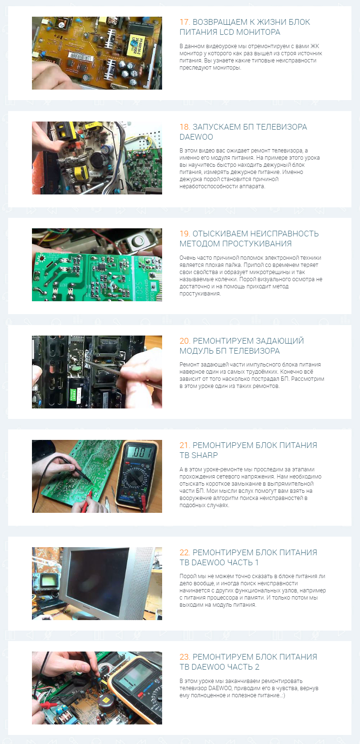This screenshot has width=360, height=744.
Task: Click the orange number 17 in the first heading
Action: click(185, 22)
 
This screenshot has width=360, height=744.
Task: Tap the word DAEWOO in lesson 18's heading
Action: click(196, 137)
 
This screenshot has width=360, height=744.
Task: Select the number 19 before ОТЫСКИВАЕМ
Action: click(185, 234)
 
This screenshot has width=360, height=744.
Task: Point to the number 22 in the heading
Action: click(185, 552)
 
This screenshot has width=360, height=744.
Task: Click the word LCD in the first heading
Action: click(226, 32)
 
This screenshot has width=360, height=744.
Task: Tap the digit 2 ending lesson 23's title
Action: click(257, 667)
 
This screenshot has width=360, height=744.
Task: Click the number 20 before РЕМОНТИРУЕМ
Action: click(185, 341)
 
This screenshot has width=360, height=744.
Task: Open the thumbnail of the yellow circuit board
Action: click(97, 53)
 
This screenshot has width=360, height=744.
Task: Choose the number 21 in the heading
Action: click(185, 446)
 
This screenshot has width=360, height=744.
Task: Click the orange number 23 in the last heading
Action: click(185, 657)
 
